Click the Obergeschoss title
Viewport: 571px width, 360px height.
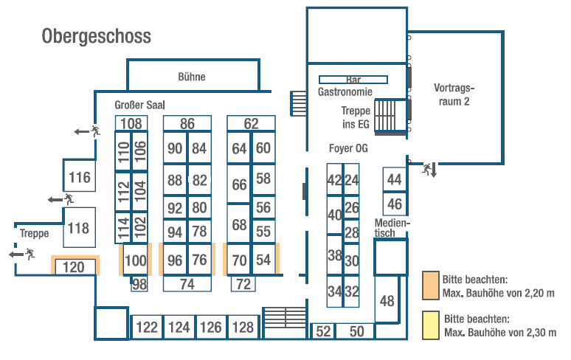pyautogui.click(x=97, y=35)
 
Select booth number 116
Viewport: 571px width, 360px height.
pyautogui.click(x=79, y=177)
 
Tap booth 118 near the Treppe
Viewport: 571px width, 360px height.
pyautogui.click(x=78, y=228)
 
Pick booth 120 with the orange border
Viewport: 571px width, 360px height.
pyautogui.click(x=74, y=267)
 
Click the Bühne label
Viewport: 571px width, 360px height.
pyautogui.click(x=192, y=77)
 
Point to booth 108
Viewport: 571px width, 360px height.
pyautogui.click(x=131, y=123)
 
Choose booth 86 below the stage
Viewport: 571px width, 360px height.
pyautogui.click(x=187, y=123)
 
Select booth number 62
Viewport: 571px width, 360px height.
pyautogui.click(x=252, y=123)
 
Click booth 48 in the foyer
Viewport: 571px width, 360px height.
pyautogui.click(x=387, y=301)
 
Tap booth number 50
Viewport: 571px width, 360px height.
pyautogui.click(x=357, y=332)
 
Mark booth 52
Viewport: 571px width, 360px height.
pyautogui.click(x=323, y=332)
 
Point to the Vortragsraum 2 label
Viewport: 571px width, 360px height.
pyautogui.click(x=454, y=94)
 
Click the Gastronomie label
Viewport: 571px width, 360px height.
pyautogui.click(x=345, y=92)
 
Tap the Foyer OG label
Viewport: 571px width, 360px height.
pyautogui.click(x=348, y=148)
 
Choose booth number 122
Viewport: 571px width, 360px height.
pyautogui.click(x=147, y=327)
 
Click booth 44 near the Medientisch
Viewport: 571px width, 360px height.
pyautogui.click(x=395, y=179)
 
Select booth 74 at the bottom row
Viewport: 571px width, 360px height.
pyautogui.click(x=187, y=283)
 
